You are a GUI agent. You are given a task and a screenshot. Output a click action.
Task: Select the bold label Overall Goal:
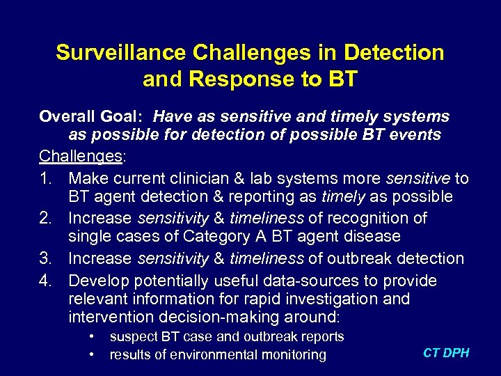(x=93, y=116)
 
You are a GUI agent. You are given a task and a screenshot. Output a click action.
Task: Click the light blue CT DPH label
(x=446, y=352)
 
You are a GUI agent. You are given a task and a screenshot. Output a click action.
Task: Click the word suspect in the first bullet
(x=134, y=336)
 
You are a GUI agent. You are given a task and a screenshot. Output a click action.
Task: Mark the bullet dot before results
(x=92, y=354)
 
